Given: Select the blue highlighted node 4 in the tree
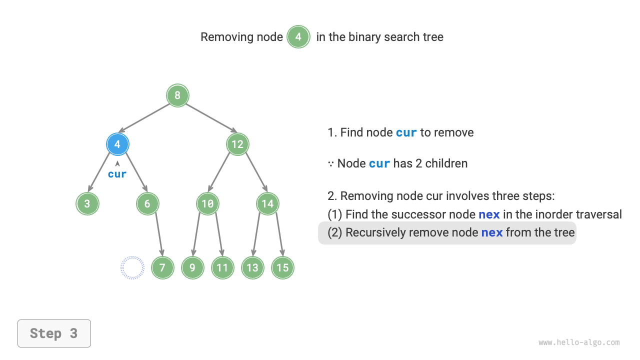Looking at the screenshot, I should [x=117, y=144].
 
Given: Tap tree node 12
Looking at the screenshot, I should [x=237, y=144].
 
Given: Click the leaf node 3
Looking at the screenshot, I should [x=87, y=204].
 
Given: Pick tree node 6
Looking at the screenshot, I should [x=147, y=204].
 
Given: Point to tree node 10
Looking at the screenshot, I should [x=207, y=204].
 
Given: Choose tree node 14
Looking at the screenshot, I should [x=267, y=204].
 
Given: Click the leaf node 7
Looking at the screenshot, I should [x=162, y=268].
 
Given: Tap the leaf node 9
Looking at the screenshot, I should [x=192, y=268].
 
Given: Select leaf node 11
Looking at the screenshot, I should [x=222, y=268].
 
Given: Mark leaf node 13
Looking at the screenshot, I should [x=252, y=268].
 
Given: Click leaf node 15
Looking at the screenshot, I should [x=282, y=268].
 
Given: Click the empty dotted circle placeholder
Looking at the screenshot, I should [x=132, y=268].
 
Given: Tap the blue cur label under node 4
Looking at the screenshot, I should [x=117, y=174].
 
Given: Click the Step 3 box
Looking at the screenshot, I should [x=54, y=333].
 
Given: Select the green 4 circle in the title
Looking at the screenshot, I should [x=298, y=37].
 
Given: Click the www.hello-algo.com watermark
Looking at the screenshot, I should [x=579, y=342].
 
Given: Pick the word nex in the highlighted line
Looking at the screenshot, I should [x=492, y=233].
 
